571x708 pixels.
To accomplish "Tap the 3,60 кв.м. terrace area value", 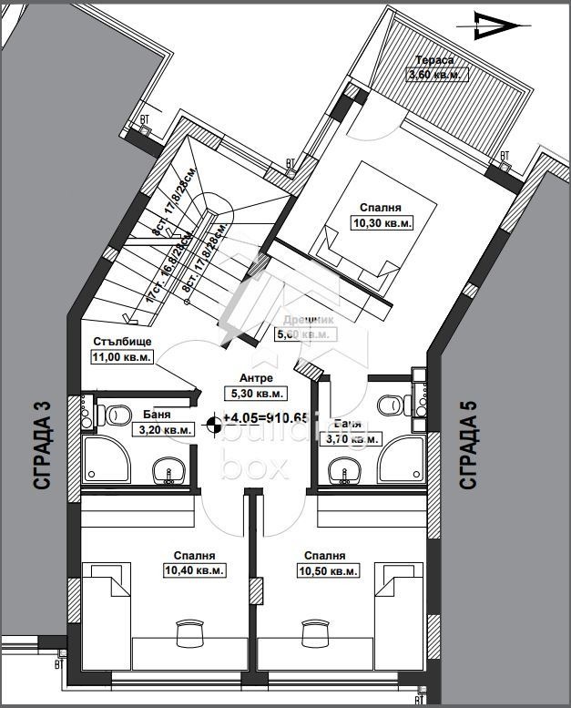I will pyautogui.click(x=437, y=75).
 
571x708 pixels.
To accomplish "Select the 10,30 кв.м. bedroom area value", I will pyautogui.click(x=382, y=222).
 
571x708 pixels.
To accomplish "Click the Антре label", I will pyautogui.click(x=256, y=377).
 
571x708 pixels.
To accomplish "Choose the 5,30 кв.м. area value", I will pyautogui.click(x=256, y=394).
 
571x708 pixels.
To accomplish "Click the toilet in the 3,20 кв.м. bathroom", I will pyautogui.click(x=115, y=415).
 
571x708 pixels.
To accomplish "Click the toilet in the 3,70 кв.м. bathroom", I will pyautogui.click(x=394, y=403).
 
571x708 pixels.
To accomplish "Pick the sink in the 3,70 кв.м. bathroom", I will pyautogui.click(x=343, y=471).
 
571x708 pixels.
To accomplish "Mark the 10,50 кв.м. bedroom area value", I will pyautogui.click(x=325, y=570).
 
